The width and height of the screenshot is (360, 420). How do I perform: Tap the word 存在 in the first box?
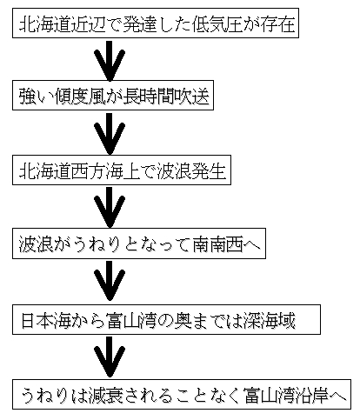click(x=277, y=23)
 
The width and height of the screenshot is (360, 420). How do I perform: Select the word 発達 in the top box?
click(x=141, y=23)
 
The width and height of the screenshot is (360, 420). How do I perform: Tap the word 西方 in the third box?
click(x=88, y=171)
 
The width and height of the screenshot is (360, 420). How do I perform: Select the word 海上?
click(x=123, y=171)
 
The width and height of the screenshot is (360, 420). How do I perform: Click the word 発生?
click(x=209, y=171)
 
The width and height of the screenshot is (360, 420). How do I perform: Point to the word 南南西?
click(x=217, y=244)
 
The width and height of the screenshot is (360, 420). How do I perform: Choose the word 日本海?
click(x=46, y=320)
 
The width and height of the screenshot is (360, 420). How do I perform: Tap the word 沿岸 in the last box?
click(x=311, y=395)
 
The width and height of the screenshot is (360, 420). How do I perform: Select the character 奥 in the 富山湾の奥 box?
click(x=183, y=320)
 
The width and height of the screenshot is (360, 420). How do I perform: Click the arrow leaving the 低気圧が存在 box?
click(x=110, y=61)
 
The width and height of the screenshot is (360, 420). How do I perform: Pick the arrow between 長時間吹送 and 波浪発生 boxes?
click(x=110, y=134)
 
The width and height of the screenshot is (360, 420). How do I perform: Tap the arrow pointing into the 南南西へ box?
click(x=110, y=207)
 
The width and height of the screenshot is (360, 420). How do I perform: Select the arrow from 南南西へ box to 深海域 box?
click(x=110, y=281)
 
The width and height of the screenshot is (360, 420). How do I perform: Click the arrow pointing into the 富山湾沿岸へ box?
click(x=110, y=357)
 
